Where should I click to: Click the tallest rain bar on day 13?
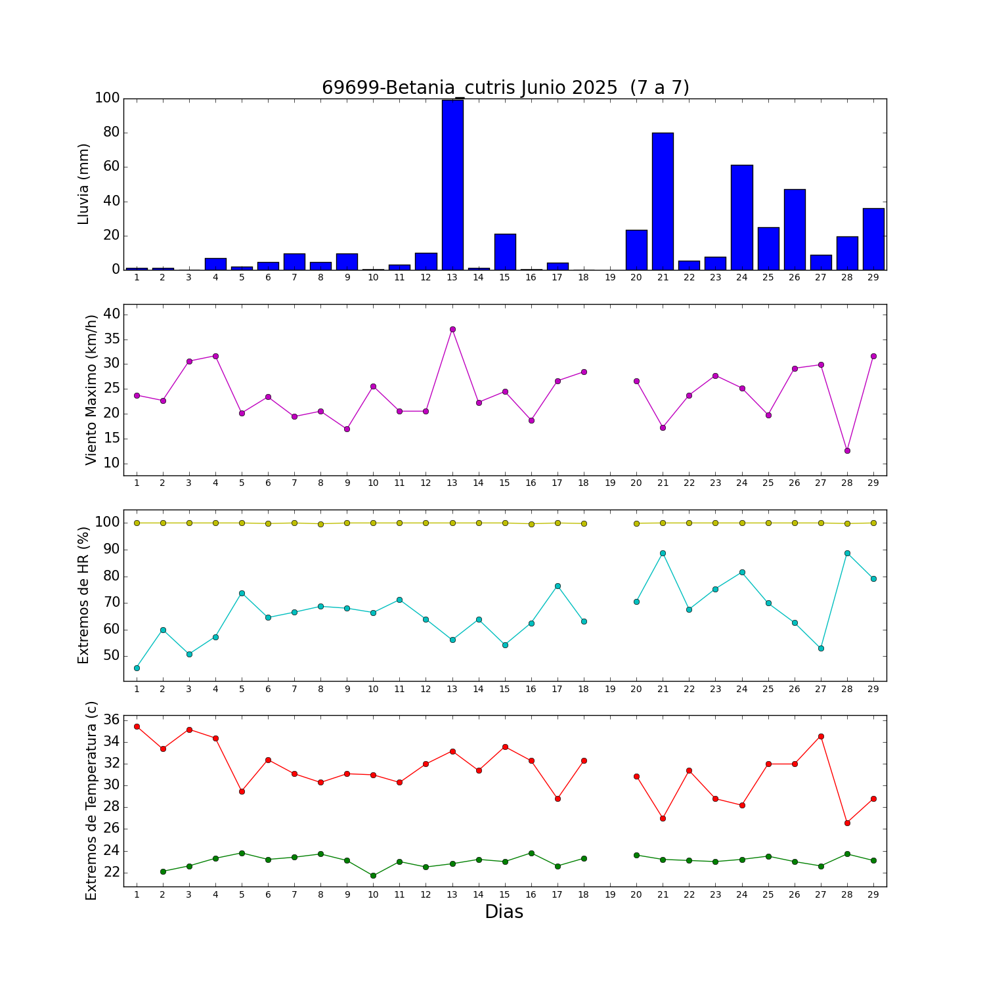pos(452,185)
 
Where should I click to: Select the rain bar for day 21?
pos(663,201)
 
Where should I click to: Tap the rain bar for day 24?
pos(741,217)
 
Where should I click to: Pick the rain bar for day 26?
pos(795,229)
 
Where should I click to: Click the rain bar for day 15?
pos(505,252)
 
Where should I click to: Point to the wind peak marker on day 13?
pos(452,329)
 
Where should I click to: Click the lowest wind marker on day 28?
pos(847,450)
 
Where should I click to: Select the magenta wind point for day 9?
pos(347,429)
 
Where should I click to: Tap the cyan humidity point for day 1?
pos(137,668)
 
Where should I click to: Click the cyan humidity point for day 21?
pos(663,553)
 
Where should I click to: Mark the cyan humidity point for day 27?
pos(821,648)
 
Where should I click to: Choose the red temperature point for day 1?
pos(137,726)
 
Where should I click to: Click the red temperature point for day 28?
pos(847,823)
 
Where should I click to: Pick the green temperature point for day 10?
pos(373,875)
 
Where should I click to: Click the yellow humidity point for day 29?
pos(873,523)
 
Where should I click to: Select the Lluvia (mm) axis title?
pos(83,184)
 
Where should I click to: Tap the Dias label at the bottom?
pos(504,911)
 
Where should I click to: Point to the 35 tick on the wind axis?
pos(112,339)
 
